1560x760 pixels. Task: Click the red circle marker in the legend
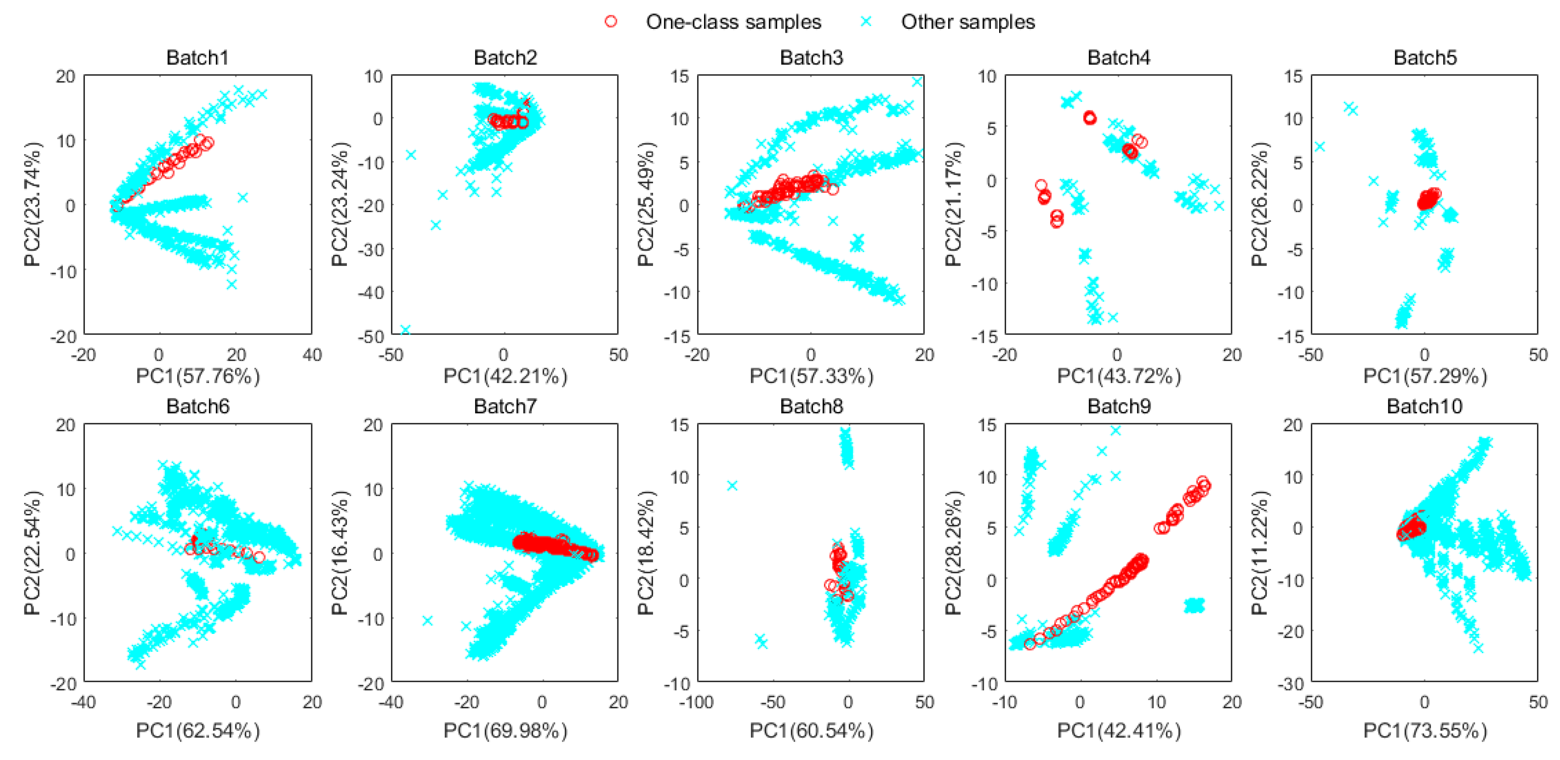click(610, 22)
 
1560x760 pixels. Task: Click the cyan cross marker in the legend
click(866, 22)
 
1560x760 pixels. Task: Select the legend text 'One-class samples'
click(733, 22)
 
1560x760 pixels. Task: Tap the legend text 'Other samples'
click(968, 22)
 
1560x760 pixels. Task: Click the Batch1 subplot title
click(198, 58)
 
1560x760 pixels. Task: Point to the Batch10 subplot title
click(1424, 406)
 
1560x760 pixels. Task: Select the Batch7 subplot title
click(505, 406)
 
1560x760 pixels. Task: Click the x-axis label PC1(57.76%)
click(198, 376)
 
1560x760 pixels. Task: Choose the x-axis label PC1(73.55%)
click(1424, 731)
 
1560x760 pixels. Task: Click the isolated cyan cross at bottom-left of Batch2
click(405, 330)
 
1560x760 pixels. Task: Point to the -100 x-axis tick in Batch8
click(696, 702)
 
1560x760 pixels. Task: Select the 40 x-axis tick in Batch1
click(312, 355)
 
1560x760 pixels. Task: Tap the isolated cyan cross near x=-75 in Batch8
click(732, 486)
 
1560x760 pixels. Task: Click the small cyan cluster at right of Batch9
click(1194, 605)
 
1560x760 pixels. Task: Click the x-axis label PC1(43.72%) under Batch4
click(1118, 376)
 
